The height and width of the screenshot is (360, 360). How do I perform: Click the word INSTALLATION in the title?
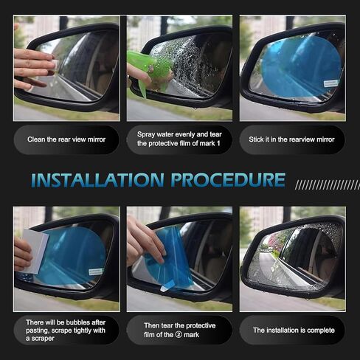(x=97, y=180)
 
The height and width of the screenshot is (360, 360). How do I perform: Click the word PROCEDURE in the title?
(x=228, y=180)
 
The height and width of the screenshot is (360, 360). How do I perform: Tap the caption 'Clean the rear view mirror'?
(x=66, y=139)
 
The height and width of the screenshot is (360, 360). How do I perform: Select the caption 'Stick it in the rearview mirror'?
(x=291, y=139)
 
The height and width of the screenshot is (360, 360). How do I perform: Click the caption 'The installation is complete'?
(x=294, y=330)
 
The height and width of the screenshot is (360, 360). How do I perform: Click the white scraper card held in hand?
(x=35, y=251)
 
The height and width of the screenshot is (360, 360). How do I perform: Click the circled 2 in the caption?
(x=179, y=335)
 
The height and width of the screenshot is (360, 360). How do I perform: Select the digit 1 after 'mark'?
(x=218, y=143)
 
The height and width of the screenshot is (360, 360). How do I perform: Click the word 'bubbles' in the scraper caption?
(x=78, y=322)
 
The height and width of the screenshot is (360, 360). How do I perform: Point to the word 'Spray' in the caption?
(x=146, y=135)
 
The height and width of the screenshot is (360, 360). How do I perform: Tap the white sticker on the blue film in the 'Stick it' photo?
(x=330, y=83)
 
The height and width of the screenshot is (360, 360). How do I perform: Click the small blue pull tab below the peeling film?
(x=167, y=287)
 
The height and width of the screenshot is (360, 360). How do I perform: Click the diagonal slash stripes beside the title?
(x=327, y=184)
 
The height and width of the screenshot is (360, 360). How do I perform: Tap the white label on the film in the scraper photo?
(x=95, y=271)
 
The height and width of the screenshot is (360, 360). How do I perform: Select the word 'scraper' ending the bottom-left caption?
(x=43, y=339)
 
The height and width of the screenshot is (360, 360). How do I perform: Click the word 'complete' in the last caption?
(x=321, y=330)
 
